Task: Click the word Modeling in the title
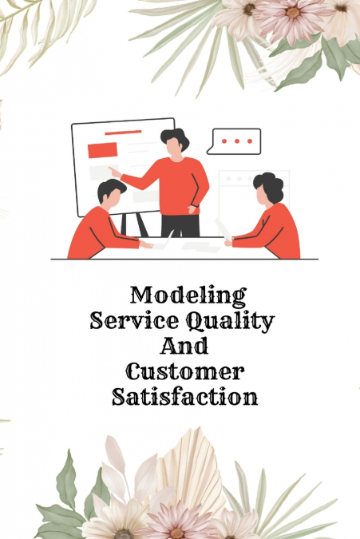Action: (x=188, y=295)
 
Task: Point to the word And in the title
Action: (x=185, y=347)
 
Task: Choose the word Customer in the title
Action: (x=185, y=371)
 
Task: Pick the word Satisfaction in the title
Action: (x=185, y=397)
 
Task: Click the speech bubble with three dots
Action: (x=234, y=141)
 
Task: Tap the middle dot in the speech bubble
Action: (x=235, y=140)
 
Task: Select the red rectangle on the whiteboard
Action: (x=102, y=149)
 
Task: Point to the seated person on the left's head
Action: (x=110, y=192)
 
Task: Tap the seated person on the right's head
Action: (x=267, y=188)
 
